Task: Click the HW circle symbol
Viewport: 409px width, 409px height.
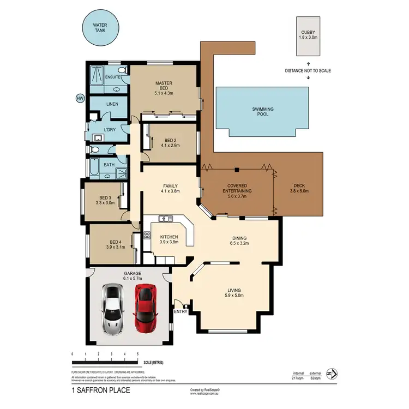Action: (80, 99)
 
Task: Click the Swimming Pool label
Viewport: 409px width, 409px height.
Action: (262, 112)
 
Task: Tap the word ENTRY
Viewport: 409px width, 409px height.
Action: (179, 311)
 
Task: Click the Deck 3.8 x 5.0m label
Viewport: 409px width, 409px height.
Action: (299, 188)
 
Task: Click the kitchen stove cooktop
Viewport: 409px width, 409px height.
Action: (147, 236)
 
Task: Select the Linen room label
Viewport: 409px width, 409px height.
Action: (112, 104)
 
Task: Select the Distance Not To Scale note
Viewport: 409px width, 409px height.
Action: (308, 71)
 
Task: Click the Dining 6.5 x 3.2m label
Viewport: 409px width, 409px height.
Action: (239, 241)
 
